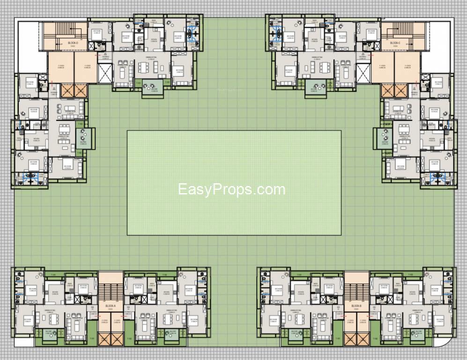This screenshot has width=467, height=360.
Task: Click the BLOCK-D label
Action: tap(73, 43)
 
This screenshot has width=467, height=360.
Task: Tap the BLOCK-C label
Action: tap(394, 43)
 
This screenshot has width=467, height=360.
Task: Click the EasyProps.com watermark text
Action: tap(232, 189)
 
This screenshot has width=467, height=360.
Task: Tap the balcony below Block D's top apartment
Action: tap(153, 88)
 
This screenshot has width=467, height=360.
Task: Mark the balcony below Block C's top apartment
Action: tap(314, 88)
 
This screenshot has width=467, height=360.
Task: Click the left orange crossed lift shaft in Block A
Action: tap(104, 338)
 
